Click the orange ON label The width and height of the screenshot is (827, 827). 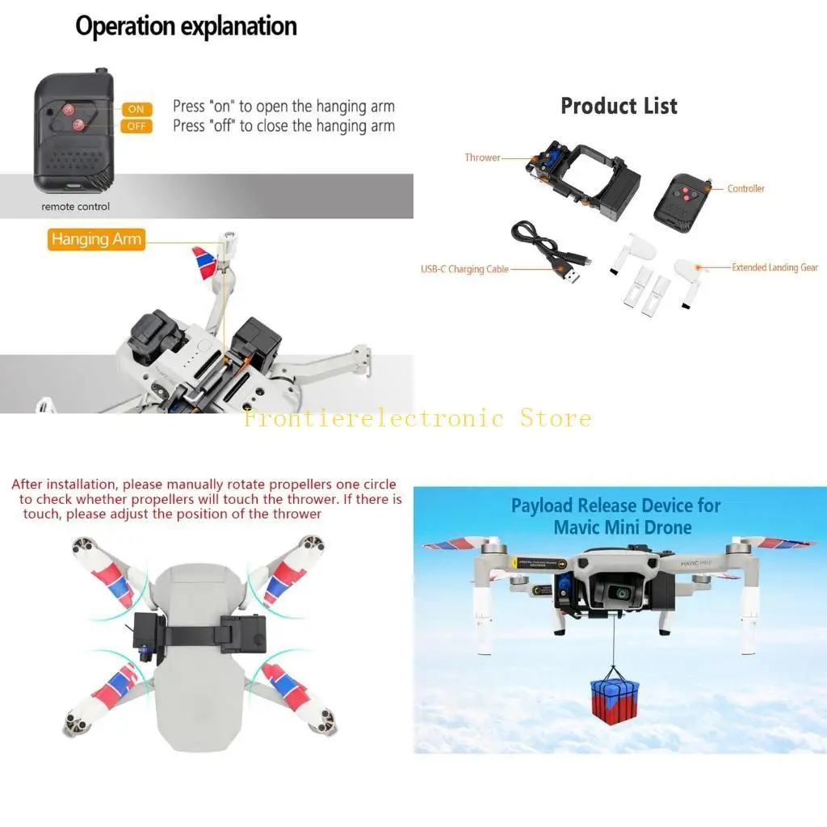tap(136, 109)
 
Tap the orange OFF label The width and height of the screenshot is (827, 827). tap(136, 126)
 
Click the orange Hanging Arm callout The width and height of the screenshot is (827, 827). tap(96, 239)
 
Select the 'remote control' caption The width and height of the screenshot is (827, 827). tap(76, 207)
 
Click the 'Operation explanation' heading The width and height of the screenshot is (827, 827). tap(186, 26)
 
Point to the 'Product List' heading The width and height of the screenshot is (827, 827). tap(619, 106)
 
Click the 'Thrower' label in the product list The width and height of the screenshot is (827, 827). tap(482, 157)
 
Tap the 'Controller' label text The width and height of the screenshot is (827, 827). tap(745, 189)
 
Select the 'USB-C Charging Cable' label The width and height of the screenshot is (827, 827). tap(464, 269)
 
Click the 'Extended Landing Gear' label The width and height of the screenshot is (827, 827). tap(775, 267)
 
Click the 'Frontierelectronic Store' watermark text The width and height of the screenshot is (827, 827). tap(418, 418)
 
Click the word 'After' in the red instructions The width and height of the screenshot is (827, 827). tap(28, 485)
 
